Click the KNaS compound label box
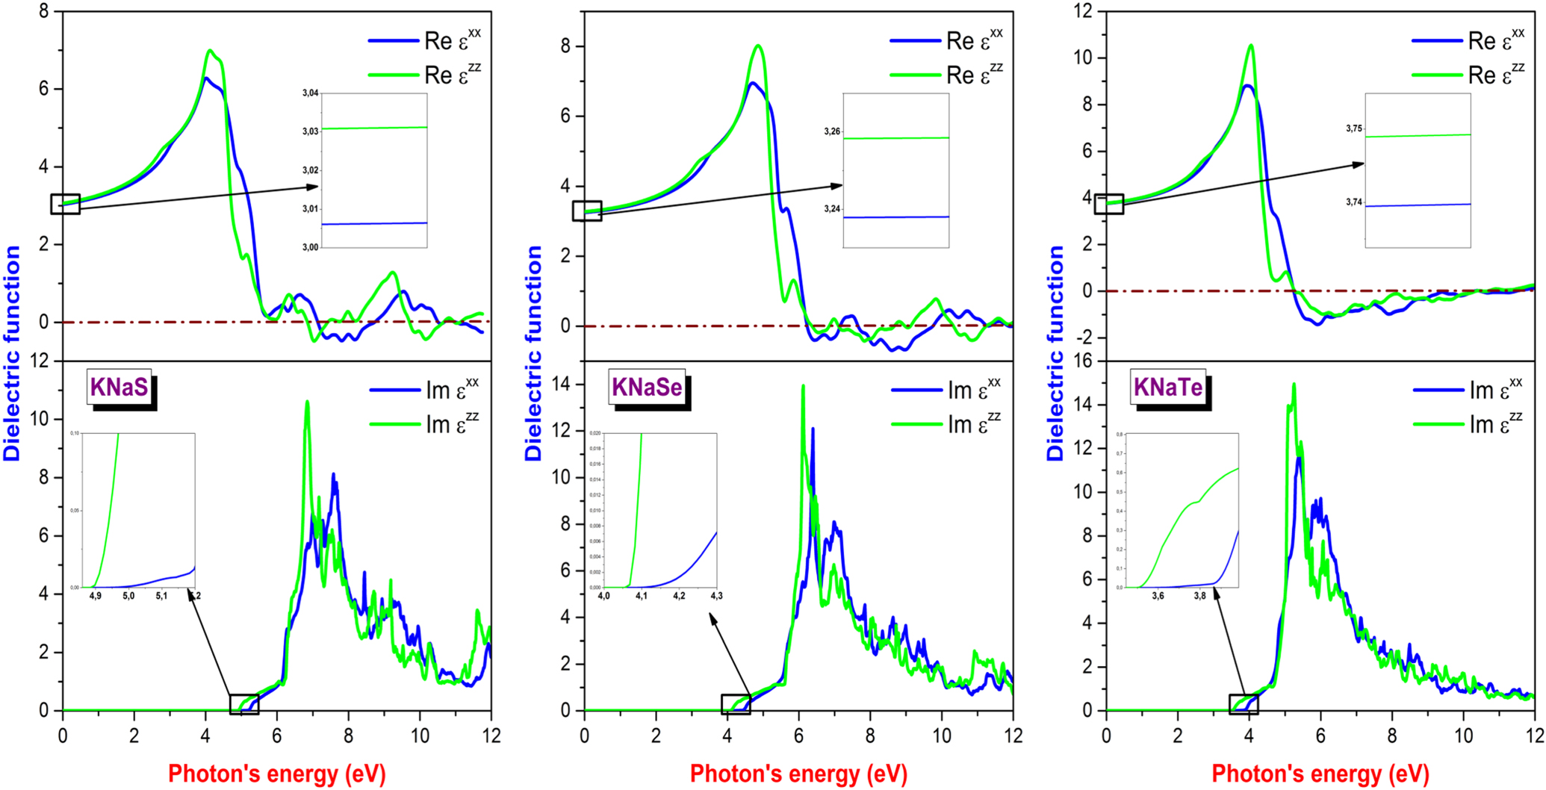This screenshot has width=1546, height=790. coord(119,388)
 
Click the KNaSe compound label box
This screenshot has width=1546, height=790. coord(647,388)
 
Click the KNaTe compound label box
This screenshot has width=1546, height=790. coord(1168,388)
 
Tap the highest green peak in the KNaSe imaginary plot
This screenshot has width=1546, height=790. coord(803,388)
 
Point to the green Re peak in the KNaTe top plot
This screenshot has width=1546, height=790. coord(1251,46)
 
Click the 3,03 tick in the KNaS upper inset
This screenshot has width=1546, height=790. coord(310,131)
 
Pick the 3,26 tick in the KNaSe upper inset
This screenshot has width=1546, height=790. coord(831,131)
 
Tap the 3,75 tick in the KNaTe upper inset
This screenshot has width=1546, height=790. coord(1353,128)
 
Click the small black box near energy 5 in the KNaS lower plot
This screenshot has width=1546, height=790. coord(244,704)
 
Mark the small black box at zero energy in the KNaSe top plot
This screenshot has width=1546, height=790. coord(587,211)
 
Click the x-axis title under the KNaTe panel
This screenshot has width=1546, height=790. coord(1320,774)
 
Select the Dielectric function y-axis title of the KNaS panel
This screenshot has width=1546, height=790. coord(13,353)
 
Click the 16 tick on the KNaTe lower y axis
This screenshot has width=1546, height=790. coord(1082,361)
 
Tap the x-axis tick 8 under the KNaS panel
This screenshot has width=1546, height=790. coord(349,735)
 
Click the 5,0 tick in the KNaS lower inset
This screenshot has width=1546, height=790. coord(128,596)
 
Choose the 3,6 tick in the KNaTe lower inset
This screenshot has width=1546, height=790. coord(1158,596)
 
